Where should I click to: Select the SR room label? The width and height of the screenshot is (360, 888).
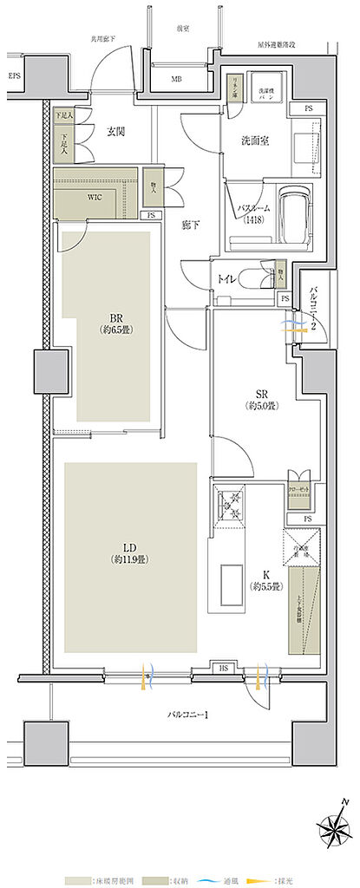tap(259, 398)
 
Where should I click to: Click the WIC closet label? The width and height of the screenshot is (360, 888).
tap(95, 197)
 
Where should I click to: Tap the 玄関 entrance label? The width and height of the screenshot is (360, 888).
tap(117, 132)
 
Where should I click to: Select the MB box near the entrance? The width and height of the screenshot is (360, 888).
tap(176, 80)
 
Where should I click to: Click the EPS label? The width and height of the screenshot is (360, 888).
tap(15, 76)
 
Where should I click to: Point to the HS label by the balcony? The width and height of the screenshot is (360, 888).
tap(223, 669)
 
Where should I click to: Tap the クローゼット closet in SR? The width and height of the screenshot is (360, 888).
tap(298, 488)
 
